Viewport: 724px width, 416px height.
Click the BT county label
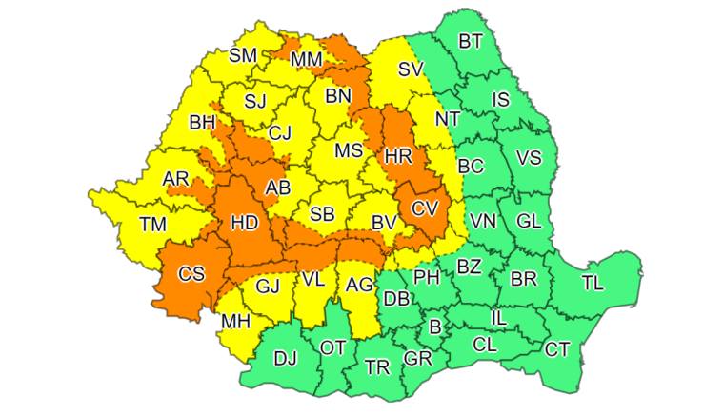(x=471, y=41)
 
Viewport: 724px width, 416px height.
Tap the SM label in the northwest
(x=243, y=55)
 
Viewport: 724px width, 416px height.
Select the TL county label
(x=593, y=283)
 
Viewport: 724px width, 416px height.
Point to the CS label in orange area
(x=191, y=274)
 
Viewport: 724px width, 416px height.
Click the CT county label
(x=557, y=349)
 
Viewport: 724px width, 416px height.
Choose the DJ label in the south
(x=285, y=359)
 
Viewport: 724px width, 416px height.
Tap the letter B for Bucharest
(x=435, y=327)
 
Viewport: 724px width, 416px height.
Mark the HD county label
(x=245, y=223)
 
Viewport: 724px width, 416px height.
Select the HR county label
(x=397, y=154)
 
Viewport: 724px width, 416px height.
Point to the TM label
(x=151, y=225)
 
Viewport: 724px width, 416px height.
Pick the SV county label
(x=410, y=69)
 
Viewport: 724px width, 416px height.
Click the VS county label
(x=529, y=157)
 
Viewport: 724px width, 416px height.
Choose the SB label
(x=322, y=214)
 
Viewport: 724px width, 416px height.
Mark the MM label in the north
(x=307, y=61)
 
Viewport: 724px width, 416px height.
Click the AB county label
(x=277, y=188)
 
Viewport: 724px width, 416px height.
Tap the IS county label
(x=500, y=99)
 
